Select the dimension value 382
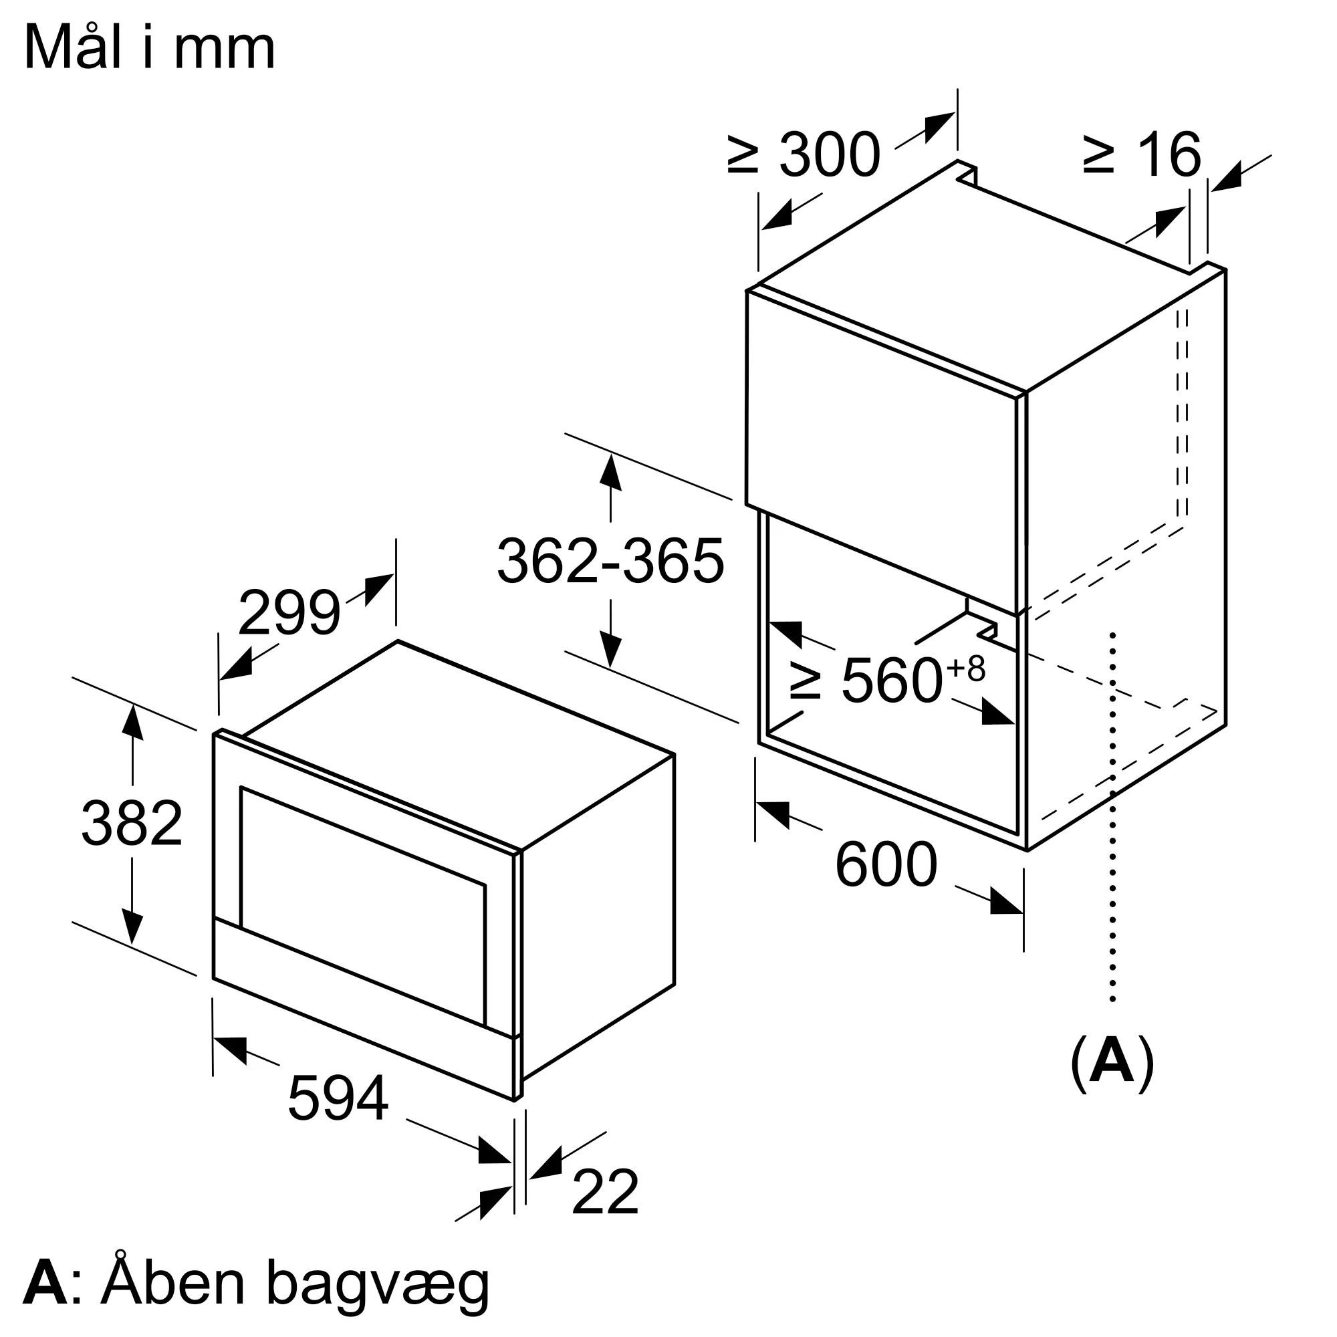(x=132, y=824)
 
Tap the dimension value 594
(x=338, y=1098)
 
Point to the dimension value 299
(x=289, y=612)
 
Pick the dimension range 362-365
(x=610, y=562)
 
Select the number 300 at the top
(x=830, y=155)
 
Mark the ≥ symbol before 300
(x=744, y=155)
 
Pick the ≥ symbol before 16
(x=1099, y=155)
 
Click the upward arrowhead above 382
(x=132, y=722)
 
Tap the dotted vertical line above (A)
(x=1112, y=830)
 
